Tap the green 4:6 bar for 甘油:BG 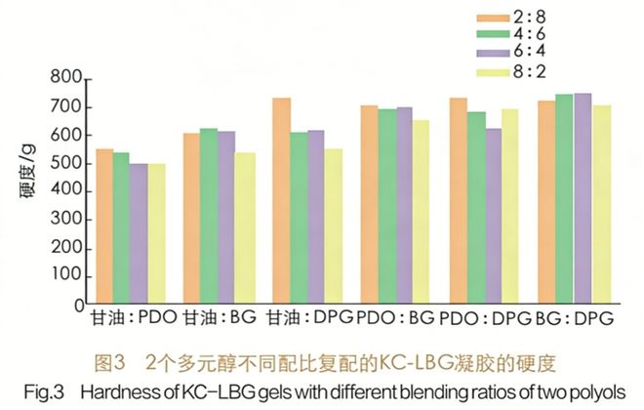208,215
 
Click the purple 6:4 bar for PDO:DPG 494,215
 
